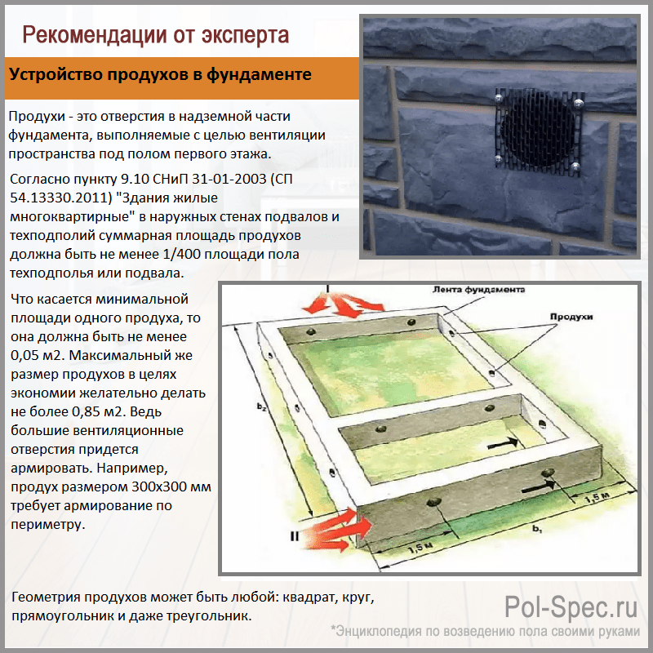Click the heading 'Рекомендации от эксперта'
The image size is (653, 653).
[155, 35]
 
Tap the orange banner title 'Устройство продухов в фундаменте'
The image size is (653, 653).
[160, 74]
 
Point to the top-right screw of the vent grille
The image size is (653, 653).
[577, 103]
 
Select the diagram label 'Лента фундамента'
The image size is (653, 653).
[478, 290]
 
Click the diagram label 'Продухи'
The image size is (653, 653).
[571, 317]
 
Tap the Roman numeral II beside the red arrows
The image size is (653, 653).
[294, 536]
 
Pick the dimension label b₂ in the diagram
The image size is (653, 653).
[261, 406]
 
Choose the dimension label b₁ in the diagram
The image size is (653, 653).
[537, 529]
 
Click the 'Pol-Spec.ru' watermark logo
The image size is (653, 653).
[571, 606]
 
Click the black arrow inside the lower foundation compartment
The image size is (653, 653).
[503, 444]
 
